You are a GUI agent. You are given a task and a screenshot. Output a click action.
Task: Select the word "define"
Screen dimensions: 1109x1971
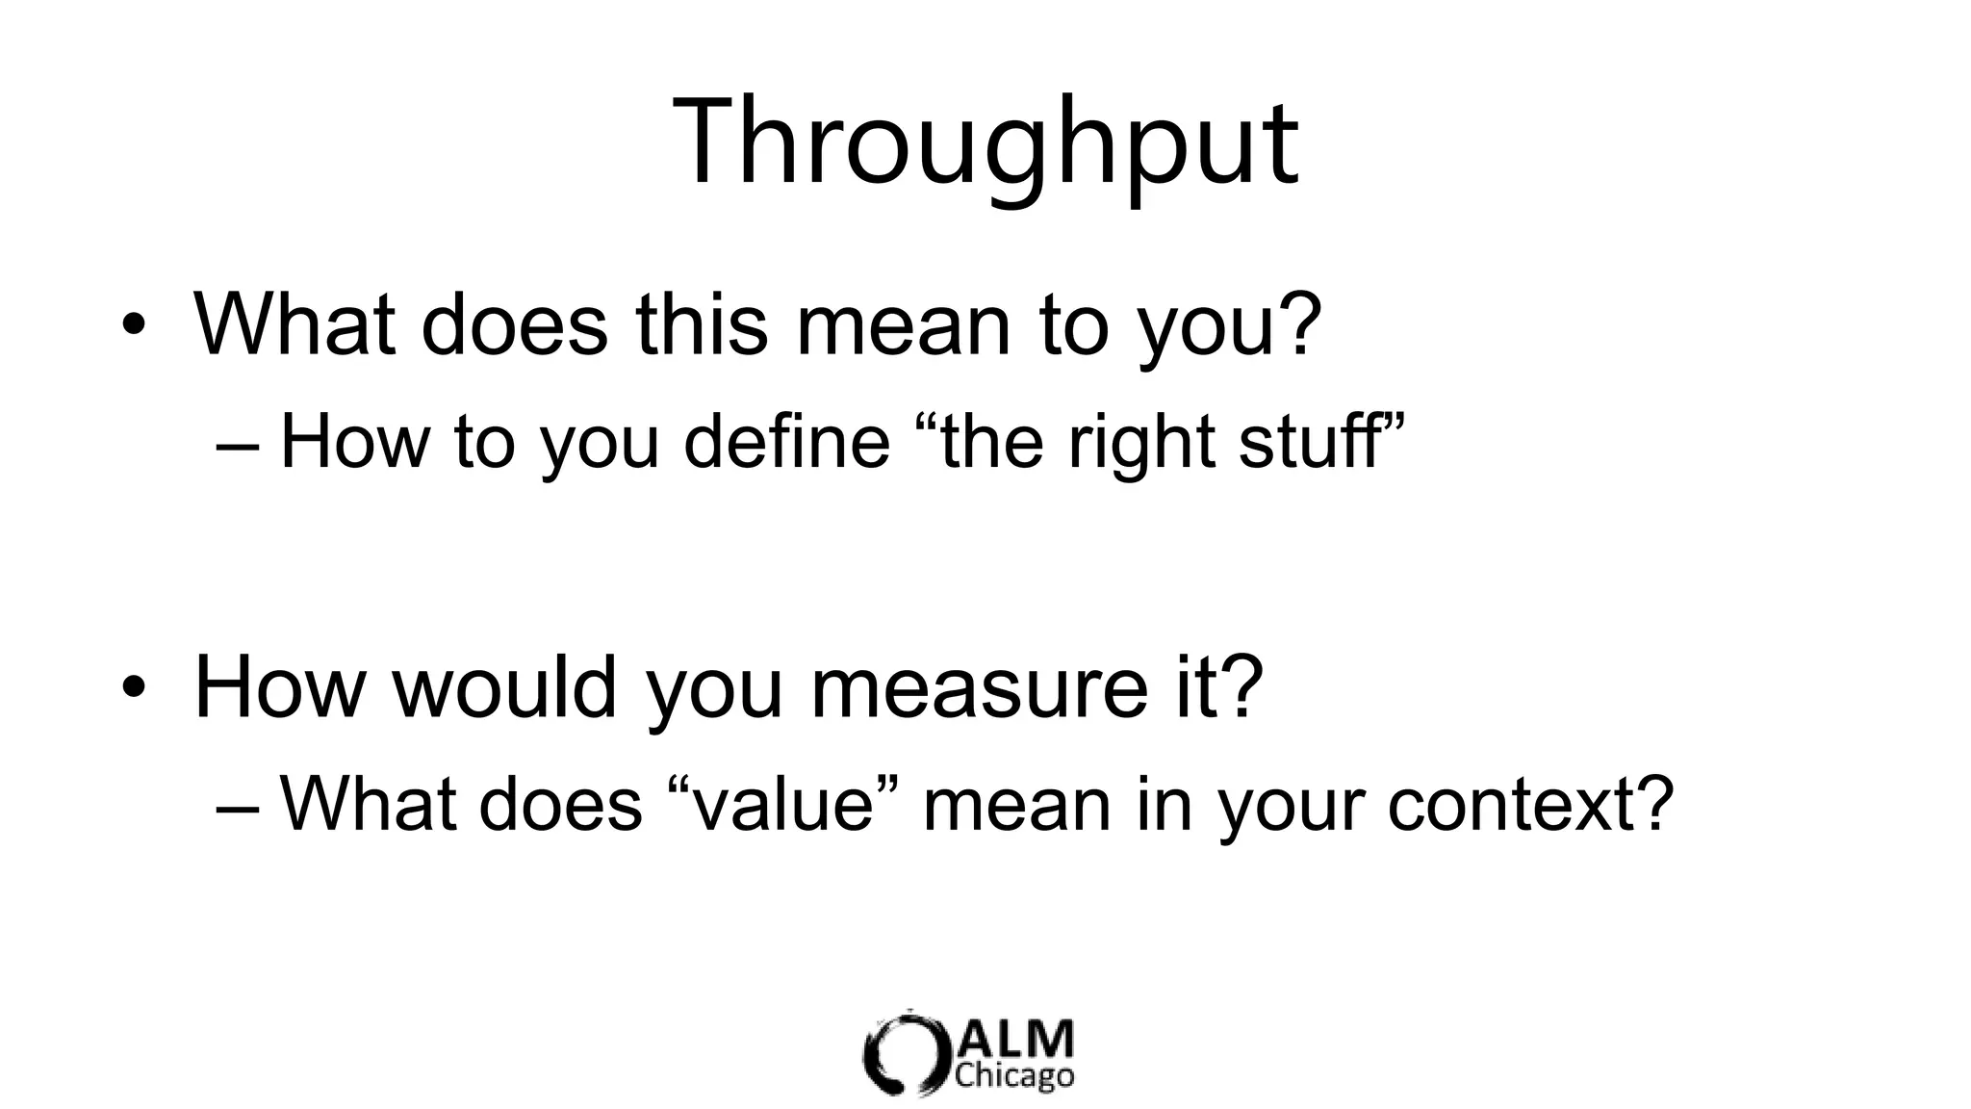tap(786, 442)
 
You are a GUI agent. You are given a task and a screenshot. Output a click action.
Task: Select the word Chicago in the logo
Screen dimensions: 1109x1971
tap(1014, 1074)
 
